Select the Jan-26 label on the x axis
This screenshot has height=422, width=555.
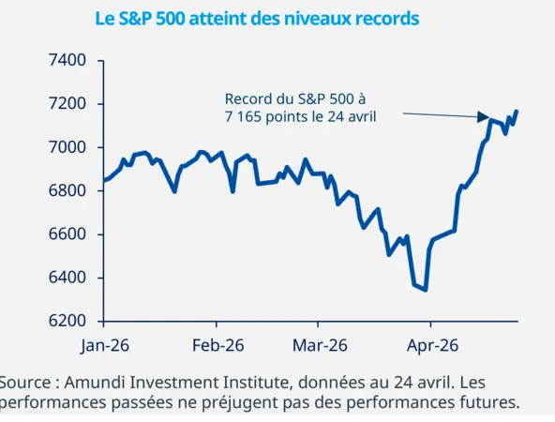click(105, 345)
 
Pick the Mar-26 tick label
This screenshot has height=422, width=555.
click(321, 345)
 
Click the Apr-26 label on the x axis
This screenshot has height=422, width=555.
click(431, 345)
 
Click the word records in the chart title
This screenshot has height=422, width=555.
click(383, 18)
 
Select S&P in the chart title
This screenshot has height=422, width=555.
click(136, 18)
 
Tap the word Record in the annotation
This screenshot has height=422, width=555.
click(247, 98)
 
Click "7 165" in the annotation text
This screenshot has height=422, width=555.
click(232, 116)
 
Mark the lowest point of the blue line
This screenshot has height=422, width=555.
click(426, 290)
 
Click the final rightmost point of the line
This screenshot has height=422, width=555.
click(517, 112)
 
